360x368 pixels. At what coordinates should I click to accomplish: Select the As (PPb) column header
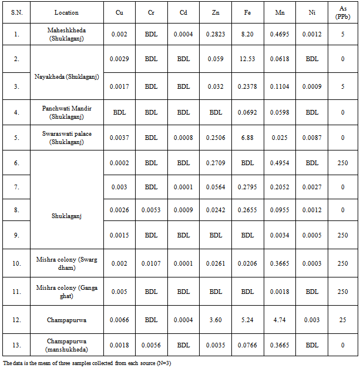[x=343, y=12]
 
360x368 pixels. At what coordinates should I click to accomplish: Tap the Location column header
[x=66, y=12]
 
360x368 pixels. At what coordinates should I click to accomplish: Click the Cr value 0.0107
[x=151, y=263]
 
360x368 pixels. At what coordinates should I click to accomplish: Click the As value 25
[x=343, y=320]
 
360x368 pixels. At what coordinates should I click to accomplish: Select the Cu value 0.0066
[x=119, y=320]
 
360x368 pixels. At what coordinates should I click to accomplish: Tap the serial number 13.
[x=17, y=346]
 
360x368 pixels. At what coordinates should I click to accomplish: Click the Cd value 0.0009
[x=183, y=209]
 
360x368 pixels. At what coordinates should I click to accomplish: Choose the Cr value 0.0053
[x=151, y=209]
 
